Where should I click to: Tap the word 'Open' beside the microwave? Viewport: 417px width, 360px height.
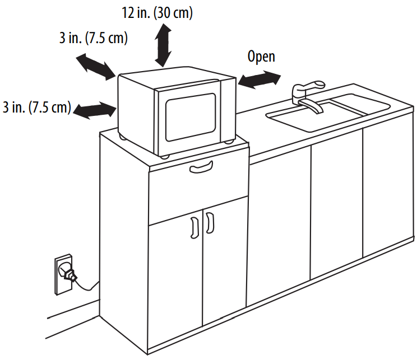click(261, 57)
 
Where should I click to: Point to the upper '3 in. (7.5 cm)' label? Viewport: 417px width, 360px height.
click(94, 39)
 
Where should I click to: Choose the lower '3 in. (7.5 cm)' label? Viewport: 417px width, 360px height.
click(36, 107)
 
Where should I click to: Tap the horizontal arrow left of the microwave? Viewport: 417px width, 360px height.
click(94, 110)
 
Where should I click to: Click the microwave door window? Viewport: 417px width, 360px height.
click(189, 116)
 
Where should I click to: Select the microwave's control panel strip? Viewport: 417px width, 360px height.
click(228, 109)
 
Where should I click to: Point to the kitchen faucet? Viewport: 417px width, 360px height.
click(305, 95)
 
